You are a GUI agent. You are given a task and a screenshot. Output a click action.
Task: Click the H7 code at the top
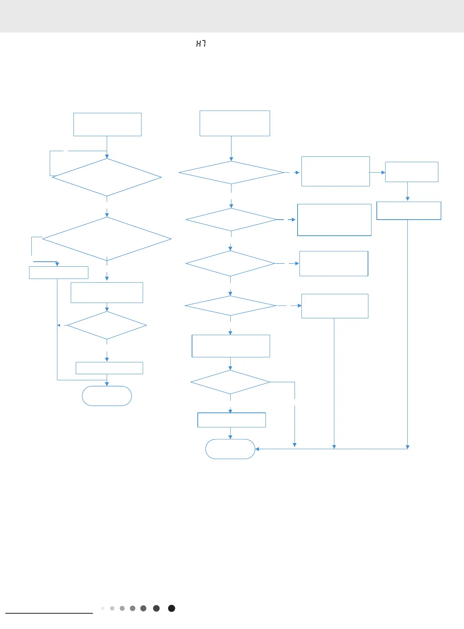pyautogui.click(x=201, y=44)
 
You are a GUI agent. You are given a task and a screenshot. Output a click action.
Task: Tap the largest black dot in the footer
pyautogui.click(x=172, y=608)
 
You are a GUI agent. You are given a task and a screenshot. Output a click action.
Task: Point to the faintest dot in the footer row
pyautogui.click(x=103, y=608)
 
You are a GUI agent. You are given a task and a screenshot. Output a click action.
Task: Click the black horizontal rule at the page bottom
pyautogui.click(x=49, y=613)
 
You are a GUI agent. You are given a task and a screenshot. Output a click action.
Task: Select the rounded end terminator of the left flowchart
pyautogui.click(x=107, y=396)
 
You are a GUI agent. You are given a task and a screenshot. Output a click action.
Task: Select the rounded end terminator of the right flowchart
pyautogui.click(x=230, y=449)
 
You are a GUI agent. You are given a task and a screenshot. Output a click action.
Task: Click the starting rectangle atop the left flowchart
pyautogui.click(x=107, y=124)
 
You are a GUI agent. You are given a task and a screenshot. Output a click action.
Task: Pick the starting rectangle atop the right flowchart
pyautogui.click(x=234, y=123)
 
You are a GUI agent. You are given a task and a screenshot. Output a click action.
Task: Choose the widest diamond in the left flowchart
pyautogui.click(x=107, y=239)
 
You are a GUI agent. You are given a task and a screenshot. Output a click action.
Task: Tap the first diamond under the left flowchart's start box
pyautogui.click(x=107, y=177)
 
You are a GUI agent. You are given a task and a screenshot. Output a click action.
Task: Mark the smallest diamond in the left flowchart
pyautogui.click(x=107, y=325)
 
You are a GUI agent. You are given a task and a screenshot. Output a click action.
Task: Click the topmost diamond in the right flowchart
pyautogui.click(x=231, y=173)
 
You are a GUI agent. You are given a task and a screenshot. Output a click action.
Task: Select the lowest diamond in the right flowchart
pyautogui.click(x=230, y=382)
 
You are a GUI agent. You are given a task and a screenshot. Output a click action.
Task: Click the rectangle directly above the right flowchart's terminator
pyautogui.click(x=231, y=420)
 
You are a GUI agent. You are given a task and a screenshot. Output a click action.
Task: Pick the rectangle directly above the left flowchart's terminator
pyautogui.click(x=109, y=368)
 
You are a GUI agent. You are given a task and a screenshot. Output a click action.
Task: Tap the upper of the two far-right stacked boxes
pyautogui.click(x=412, y=172)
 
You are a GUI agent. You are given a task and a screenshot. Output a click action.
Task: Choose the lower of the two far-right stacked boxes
pyautogui.click(x=409, y=211)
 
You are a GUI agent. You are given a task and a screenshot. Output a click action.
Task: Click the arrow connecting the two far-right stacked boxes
pyautogui.click(x=407, y=192)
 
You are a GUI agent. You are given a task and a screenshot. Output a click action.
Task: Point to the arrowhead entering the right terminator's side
pyautogui.click(x=257, y=449)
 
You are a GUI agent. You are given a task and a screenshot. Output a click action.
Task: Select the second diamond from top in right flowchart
pyautogui.click(x=231, y=220)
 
